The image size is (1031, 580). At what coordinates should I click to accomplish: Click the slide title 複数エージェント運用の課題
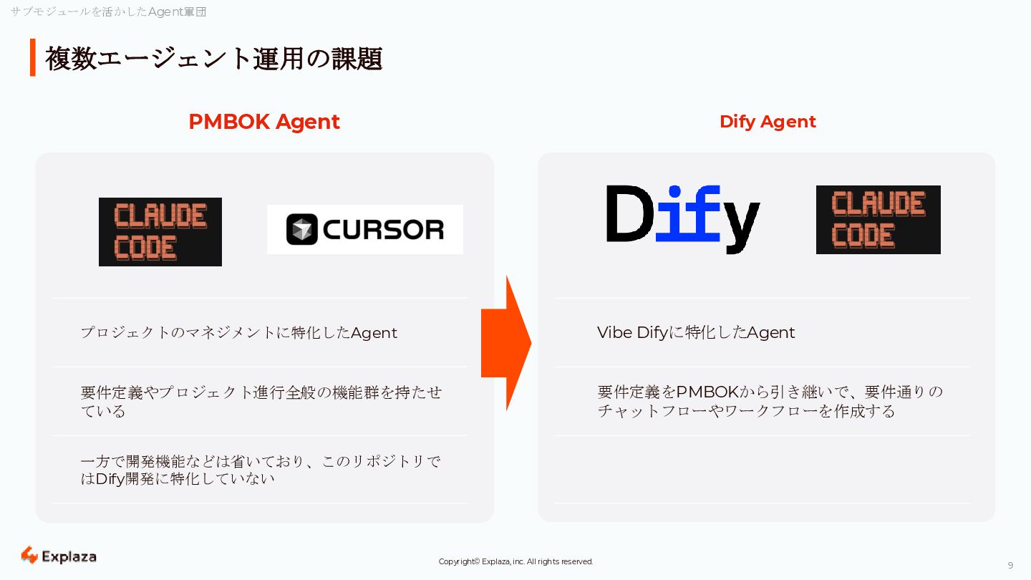coord(213,59)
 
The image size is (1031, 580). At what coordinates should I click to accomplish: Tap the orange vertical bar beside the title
coord(32,57)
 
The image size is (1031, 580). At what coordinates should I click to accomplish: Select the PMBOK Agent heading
coord(264,122)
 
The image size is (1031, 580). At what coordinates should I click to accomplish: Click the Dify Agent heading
coord(768,122)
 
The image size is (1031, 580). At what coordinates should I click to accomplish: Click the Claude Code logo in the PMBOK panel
coord(160,232)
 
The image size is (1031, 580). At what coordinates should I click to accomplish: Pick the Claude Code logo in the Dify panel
coord(878,220)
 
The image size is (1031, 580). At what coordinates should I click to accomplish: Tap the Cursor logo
coord(365,229)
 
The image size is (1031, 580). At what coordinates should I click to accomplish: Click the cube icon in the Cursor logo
coord(301,230)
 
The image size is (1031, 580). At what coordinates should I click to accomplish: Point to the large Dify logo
coord(682,217)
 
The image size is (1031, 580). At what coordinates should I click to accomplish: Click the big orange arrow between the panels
coord(506,343)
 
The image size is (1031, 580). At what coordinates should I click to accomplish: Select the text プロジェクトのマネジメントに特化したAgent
coord(238,333)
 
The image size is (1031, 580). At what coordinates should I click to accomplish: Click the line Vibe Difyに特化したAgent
coord(696,332)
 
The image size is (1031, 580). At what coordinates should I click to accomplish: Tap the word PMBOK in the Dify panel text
coord(707,392)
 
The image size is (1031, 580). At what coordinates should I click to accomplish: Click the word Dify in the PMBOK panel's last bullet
coord(110,478)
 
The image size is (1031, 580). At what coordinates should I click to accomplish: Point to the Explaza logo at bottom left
coord(59,556)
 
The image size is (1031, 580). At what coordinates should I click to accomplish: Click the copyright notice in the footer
coord(515,561)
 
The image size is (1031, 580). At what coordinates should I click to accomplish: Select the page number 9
coord(1010,565)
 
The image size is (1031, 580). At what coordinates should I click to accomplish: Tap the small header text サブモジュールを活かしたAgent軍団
coord(108,11)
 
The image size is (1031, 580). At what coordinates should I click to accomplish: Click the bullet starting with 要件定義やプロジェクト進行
coord(261,401)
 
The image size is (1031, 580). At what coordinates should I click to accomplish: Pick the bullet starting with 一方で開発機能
coord(261,470)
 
